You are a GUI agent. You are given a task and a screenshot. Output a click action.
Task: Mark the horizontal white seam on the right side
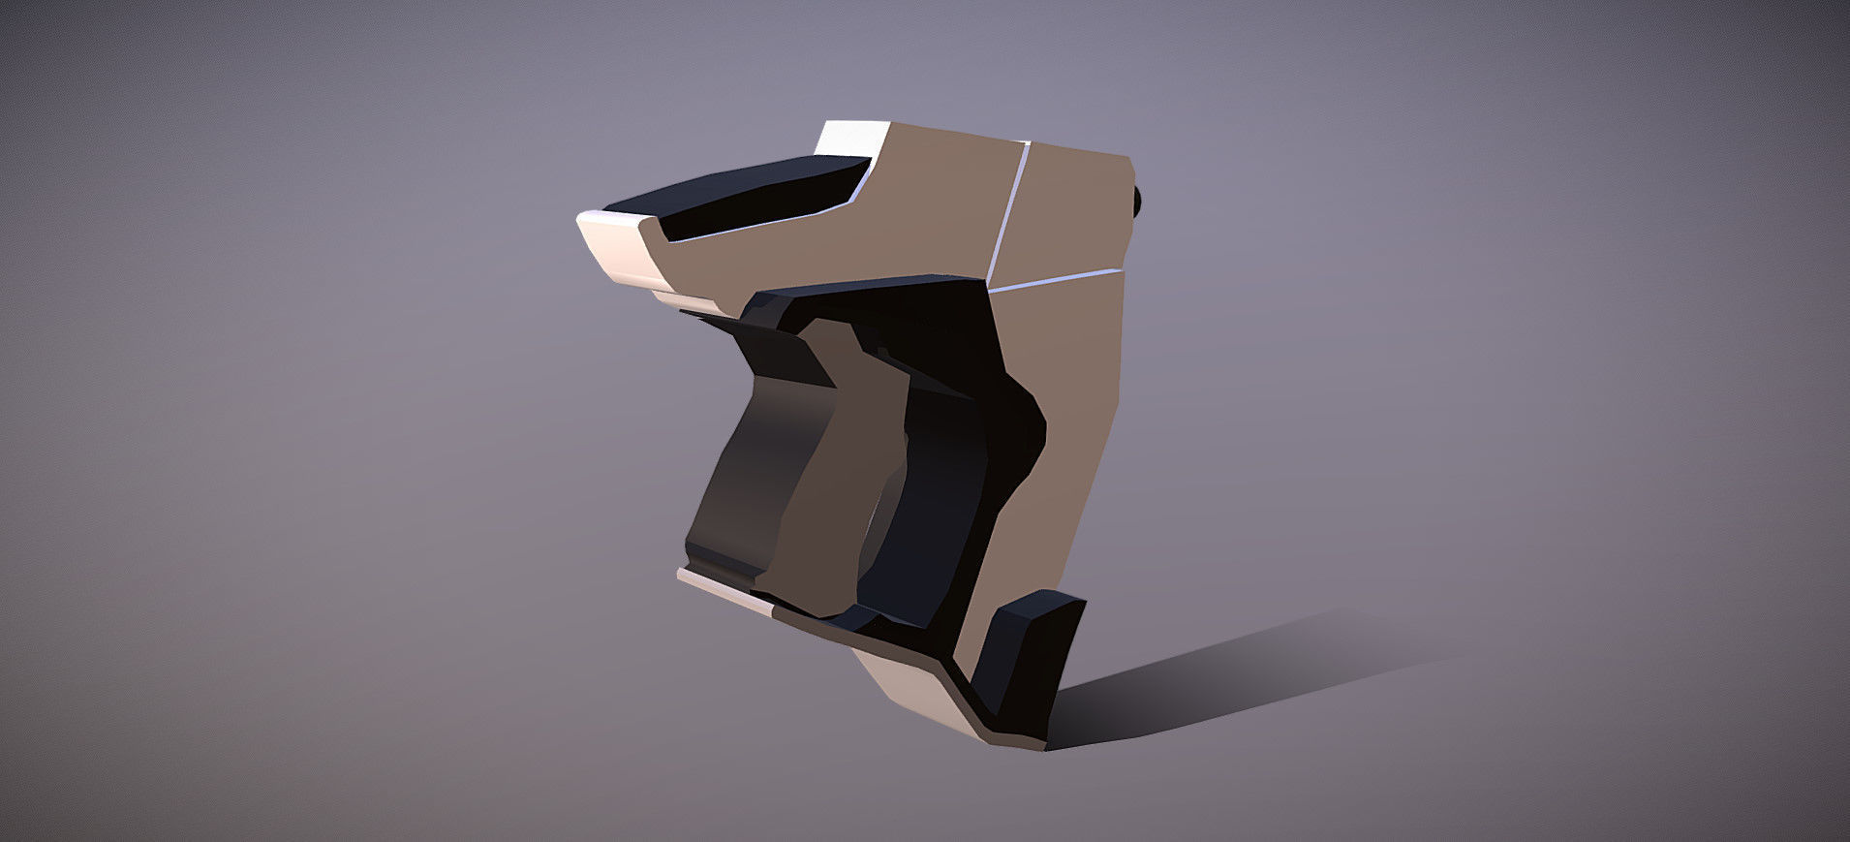1056,279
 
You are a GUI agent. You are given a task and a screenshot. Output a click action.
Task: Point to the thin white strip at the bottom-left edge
722,590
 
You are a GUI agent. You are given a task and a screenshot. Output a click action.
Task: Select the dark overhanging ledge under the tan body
872,296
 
